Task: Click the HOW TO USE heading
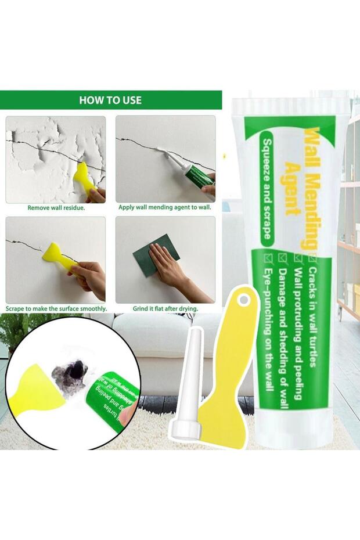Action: coord(110,100)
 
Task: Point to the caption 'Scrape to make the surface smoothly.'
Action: coord(56,308)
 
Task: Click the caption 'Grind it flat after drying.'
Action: coord(165,308)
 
